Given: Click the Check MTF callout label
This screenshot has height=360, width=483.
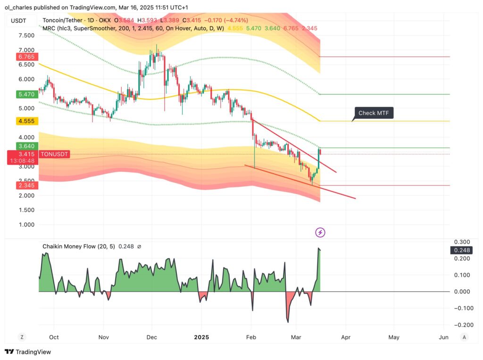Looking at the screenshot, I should pyautogui.click(x=374, y=113).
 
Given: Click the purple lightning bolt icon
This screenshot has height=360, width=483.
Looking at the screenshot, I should pyautogui.click(x=320, y=232).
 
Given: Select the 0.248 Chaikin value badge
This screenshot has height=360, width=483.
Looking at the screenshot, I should pyautogui.click(x=461, y=250).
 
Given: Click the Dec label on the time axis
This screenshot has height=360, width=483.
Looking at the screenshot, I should pyautogui.click(x=152, y=337).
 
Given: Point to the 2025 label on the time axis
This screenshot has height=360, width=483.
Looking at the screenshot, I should pyautogui.click(x=201, y=337).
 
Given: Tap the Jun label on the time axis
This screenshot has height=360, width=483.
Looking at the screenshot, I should pyautogui.click(x=443, y=337).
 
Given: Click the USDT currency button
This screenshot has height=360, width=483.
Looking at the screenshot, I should pyautogui.click(x=18, y=20).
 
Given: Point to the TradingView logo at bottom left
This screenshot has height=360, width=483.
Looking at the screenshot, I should pyautogui.click(x=28, y=352).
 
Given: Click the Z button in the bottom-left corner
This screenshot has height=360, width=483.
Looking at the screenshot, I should pyautogui.click(x=21, y=337).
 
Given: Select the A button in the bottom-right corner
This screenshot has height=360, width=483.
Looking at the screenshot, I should pyautogui.click(x=464, y=337).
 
